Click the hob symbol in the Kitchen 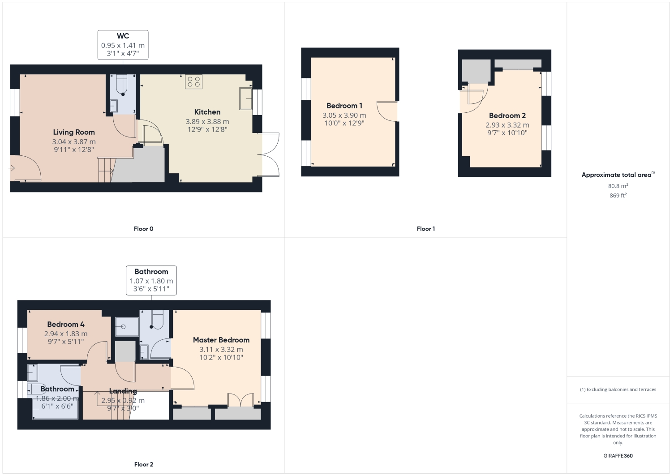[193, 81]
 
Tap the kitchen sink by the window [245, 98]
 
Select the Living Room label [74, 132]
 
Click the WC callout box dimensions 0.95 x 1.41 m [123, 45]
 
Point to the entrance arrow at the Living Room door [12, 168]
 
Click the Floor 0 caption [143, 229]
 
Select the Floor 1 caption [425, 229]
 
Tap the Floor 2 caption [143, 464]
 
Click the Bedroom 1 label [344, 106]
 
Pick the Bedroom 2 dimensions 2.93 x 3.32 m [507, 125]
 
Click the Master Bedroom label [221, 340]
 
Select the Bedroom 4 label [66, 324]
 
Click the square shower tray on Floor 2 [127, 326]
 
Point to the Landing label [123, 391]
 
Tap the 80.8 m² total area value [618, 186]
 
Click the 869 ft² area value [618, 196]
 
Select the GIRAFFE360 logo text [618, 456]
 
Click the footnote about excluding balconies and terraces [618, 389]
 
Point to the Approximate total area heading [617, 175]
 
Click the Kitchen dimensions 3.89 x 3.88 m [207, 121]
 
